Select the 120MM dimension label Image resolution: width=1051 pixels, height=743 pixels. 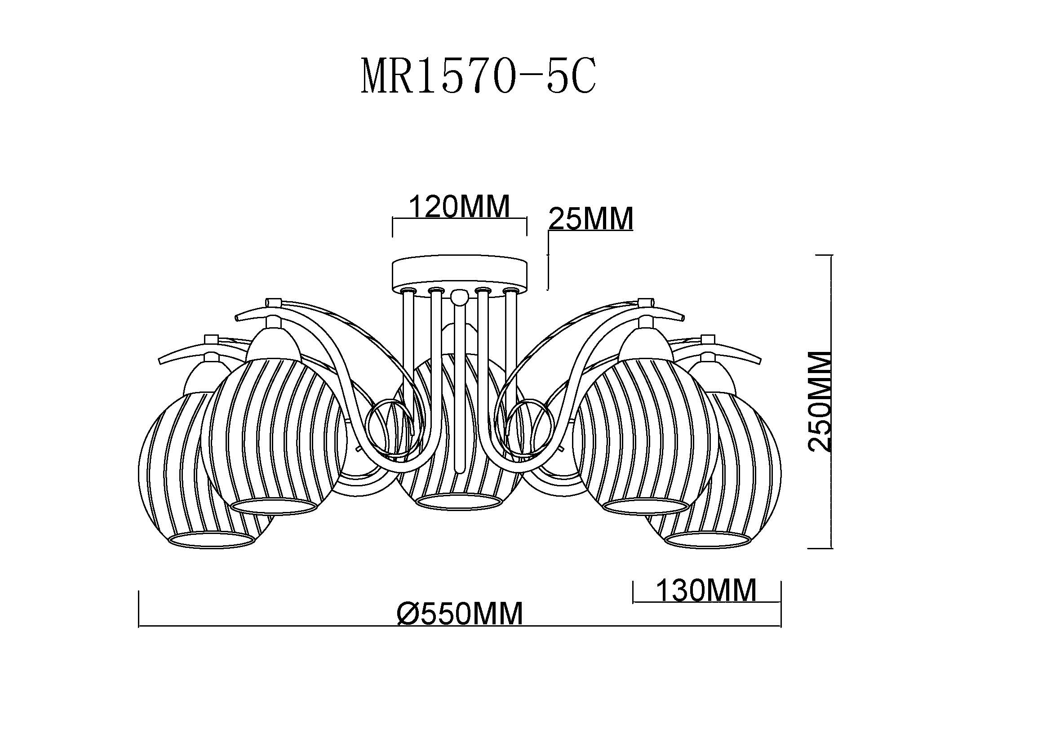pyautogui.click(x=459, y=206)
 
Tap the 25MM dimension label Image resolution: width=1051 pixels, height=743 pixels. pyautogui.click(x=591, y=218)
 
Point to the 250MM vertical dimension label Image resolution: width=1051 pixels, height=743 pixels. pyautogui.click(x=819, y=401)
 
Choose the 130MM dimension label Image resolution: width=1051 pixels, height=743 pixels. pyautogui.click(x=706, y=590)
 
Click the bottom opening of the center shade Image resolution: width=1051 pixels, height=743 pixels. pyautogui.click(x=459, y=502)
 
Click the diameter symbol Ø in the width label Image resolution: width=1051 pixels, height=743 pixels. pyautogui.click(x=408, y=614)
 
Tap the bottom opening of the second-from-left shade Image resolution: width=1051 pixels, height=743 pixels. pyautogui.click(x=274, y=506)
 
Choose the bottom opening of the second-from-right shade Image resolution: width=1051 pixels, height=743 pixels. pyautogui.click(x=646, y=506)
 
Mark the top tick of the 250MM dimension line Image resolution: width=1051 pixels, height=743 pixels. pyautogui.click(x=820, y=255)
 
